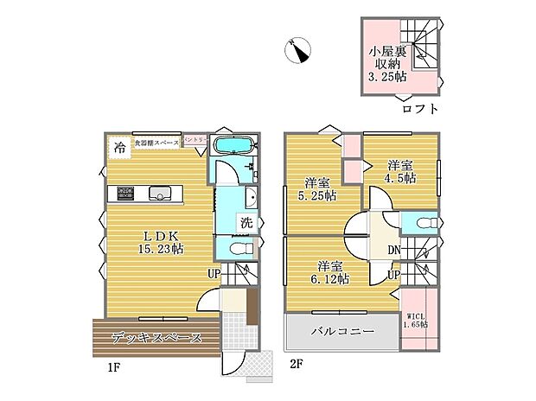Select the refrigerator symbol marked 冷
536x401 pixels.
(118, 147)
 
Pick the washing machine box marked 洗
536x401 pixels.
(247, 222)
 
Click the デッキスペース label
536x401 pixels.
(157, 338)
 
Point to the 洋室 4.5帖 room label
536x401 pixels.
(400, 171)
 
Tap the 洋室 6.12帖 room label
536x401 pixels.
(332, 272)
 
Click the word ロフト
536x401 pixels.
(420, 109)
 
